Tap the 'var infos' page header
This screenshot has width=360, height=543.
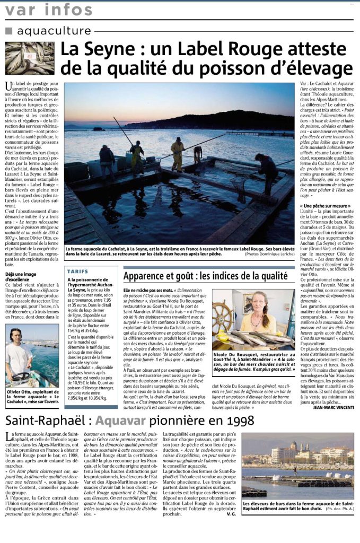pos(49,10)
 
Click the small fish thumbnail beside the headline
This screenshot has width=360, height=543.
pos(30,58)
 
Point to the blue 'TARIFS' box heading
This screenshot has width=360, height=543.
pos(78,271)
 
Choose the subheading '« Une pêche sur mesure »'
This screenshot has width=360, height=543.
pos(322,205)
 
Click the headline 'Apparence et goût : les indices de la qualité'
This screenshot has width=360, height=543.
pos(209,276)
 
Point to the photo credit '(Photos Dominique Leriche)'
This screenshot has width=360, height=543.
pos(266,253)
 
